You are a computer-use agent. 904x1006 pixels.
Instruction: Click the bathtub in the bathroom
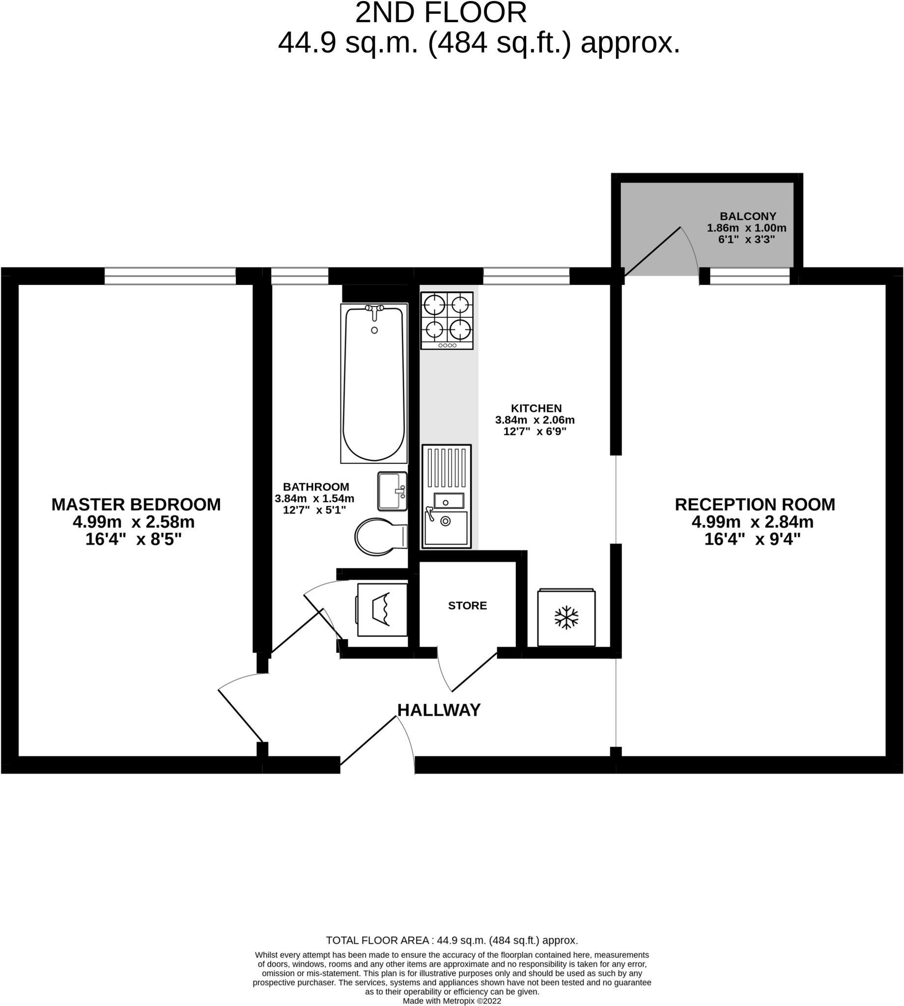pos(373,383)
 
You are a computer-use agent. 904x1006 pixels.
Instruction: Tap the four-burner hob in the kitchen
pos(447,320)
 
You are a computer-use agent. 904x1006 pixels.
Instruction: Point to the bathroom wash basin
pos(392,491)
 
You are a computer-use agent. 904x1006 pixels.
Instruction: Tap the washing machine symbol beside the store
pos(381,610)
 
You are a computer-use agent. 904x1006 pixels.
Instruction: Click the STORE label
pos(467,605)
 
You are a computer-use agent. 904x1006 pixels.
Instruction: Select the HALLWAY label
pos(439,710)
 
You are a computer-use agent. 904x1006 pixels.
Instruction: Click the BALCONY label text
pos(748,216)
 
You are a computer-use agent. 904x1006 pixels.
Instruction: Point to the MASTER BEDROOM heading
pos(136,504)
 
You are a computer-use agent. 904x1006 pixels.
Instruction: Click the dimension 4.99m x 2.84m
pos(753,522)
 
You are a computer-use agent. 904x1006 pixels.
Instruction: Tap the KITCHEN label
pos(536,408)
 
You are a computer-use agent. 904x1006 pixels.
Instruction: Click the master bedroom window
pos(170,276)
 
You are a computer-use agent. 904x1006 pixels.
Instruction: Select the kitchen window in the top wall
pos(526,276)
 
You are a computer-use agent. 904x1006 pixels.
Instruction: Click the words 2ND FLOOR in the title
pos(441,13)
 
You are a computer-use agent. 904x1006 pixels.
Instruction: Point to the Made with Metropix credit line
pos(452,1001)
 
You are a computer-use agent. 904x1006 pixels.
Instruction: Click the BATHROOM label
pos(316,487)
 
